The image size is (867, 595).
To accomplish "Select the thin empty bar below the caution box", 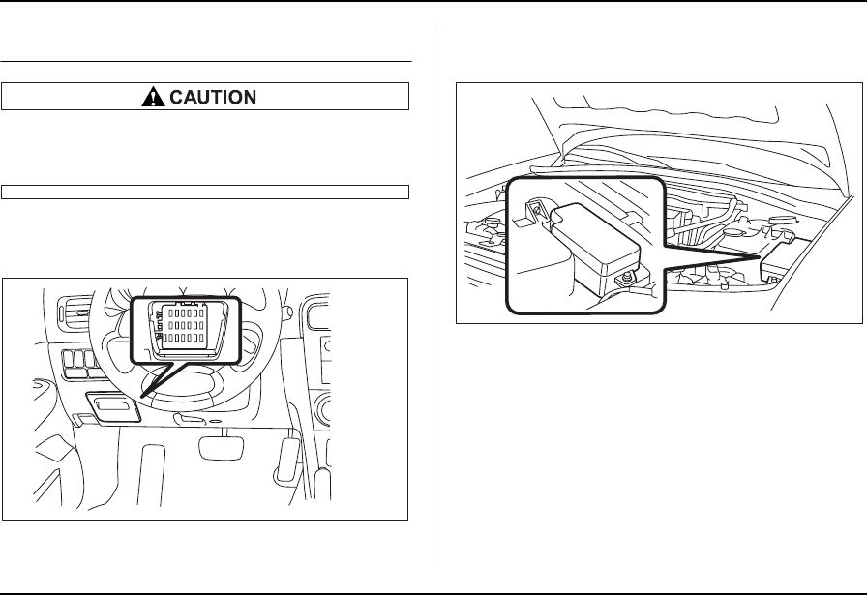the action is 205,190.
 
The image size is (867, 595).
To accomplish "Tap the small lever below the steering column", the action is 190,420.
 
